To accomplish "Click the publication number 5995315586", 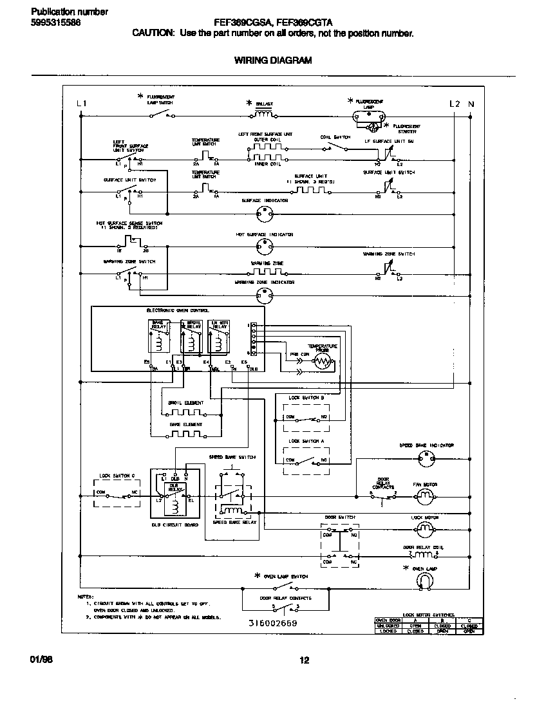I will click(x=55, y=23).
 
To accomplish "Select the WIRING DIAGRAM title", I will click(x=272, y=61).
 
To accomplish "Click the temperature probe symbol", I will click(x=323, y=362).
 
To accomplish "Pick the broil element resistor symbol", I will click(x=185, y=412).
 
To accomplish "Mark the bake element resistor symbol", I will click(x=185, y=433).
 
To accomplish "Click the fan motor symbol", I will click(x=424, y=495).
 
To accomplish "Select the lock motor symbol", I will click(x=424, y=528).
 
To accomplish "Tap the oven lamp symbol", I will click(x=424, y=581).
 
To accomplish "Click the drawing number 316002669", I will click(x=272, y=624).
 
